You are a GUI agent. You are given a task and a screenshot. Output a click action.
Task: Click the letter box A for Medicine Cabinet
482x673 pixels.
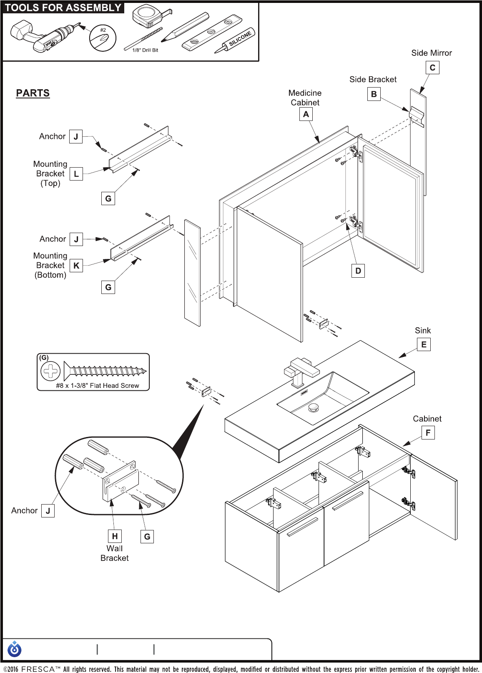coord(306,114)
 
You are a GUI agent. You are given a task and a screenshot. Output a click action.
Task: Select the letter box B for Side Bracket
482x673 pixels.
coord(374,94)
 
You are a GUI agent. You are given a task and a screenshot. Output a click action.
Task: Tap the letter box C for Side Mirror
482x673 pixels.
coord(432,68)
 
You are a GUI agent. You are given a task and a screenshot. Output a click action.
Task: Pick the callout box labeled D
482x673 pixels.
coord(358,271)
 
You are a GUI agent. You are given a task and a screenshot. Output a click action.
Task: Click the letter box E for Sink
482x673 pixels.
coord(424,344)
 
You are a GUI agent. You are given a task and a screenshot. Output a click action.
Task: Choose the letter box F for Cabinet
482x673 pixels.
coord(428,433)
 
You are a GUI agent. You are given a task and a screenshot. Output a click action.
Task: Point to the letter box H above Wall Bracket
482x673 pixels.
coord(115,536)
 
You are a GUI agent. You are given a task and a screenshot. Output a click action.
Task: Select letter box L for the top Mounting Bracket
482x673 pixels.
coord(76,174)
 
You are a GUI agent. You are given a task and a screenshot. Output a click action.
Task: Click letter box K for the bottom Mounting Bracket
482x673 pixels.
coord(76,266)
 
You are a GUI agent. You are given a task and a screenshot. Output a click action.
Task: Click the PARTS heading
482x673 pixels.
coord(33,93)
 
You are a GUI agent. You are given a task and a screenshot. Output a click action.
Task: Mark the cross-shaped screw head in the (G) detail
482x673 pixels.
coord(50,371)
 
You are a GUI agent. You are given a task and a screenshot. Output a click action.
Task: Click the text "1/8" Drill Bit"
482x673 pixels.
coord(145,50)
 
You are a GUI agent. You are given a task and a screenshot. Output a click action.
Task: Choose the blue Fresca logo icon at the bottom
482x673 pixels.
coord(15,649)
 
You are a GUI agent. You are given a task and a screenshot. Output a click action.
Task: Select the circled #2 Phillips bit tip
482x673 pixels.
coord(103,38)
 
